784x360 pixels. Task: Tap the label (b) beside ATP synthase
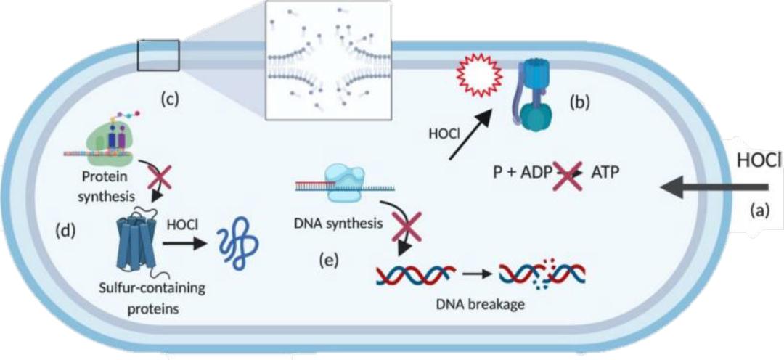579,102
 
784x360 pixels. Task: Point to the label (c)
170,100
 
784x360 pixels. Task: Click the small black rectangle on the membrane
158,55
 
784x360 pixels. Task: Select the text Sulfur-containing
152,288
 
